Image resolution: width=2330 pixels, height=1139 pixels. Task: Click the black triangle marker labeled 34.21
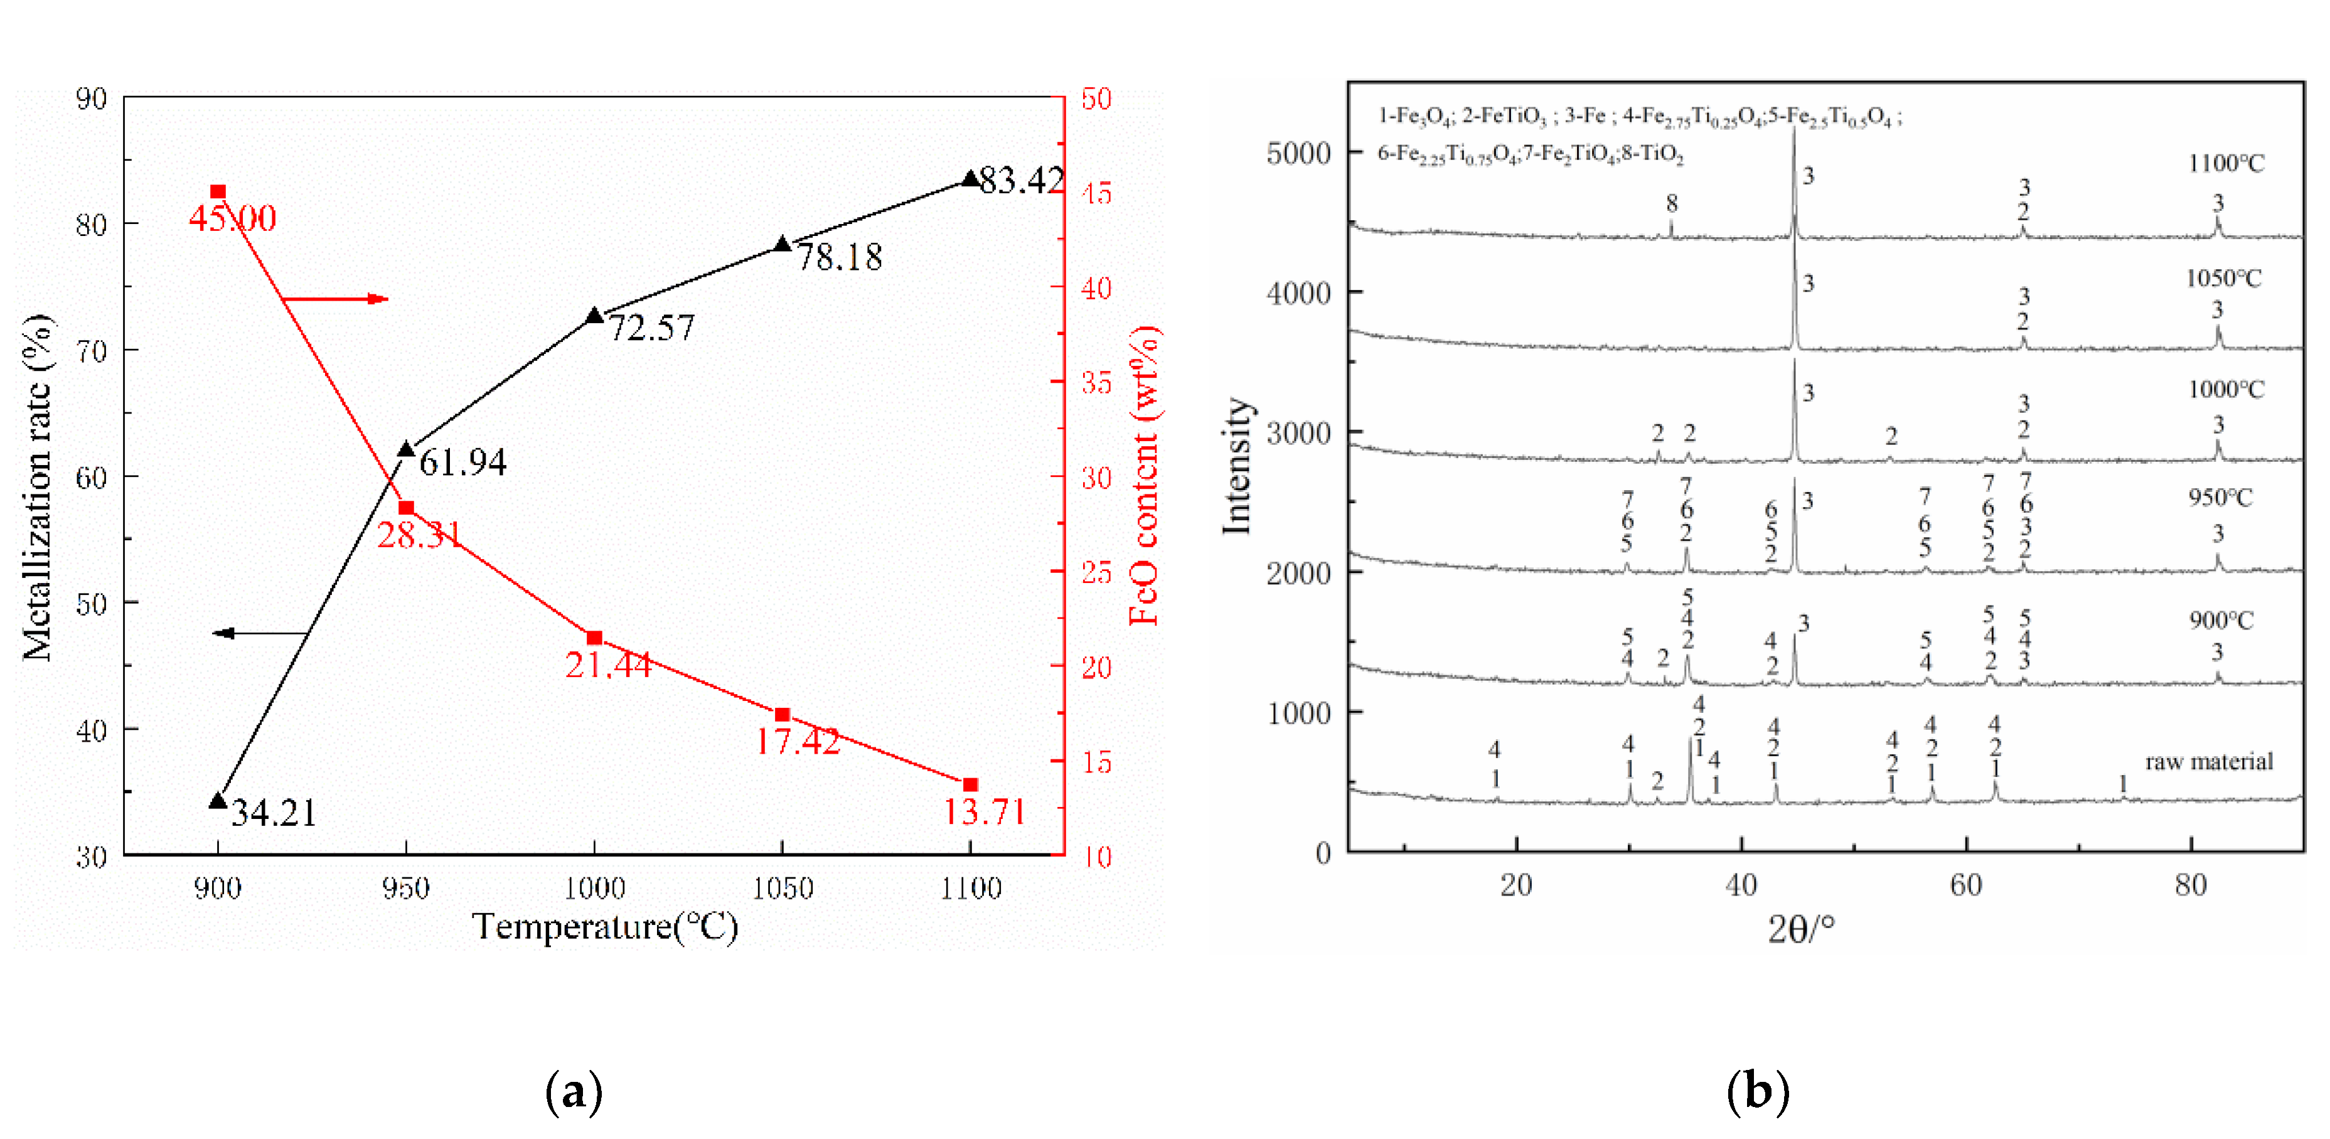coord(217,801)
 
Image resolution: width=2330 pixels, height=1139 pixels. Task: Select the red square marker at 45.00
coord(218,192)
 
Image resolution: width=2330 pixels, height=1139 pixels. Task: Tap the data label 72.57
coord(650,328)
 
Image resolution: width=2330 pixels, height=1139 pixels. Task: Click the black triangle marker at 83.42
coord(971,179)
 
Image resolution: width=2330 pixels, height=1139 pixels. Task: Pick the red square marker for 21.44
coord(594,638)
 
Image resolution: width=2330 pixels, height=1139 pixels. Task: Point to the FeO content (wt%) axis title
coord(1144,475)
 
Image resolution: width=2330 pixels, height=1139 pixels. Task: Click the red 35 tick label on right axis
coord(1096,383)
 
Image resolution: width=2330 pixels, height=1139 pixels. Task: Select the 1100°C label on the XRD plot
coord(2226,164)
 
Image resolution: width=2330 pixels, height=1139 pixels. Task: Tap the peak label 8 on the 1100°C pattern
coord(1672,203)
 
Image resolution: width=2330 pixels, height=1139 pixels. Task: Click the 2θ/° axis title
coord(1801,930)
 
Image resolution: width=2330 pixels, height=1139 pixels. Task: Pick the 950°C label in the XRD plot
coord(2221,498)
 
